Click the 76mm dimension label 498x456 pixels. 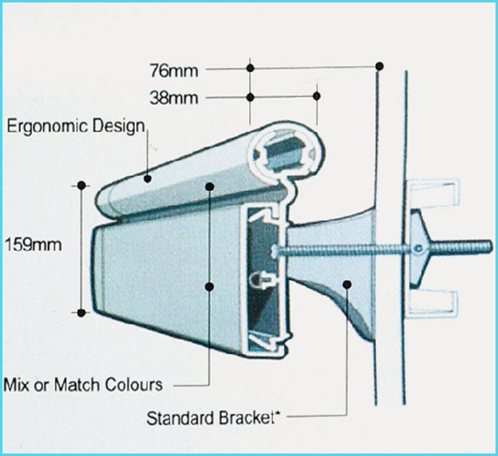point(174,71)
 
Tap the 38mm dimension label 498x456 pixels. point(174,98)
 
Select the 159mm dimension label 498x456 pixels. point(33,245)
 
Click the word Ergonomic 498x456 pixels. point(47,127)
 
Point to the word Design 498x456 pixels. point(119,126)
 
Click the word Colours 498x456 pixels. point(134,385)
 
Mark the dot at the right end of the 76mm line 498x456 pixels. point(379,66)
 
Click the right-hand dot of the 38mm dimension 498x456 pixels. point(316,96)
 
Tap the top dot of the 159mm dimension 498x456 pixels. point(81,185)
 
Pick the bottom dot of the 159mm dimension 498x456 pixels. point(81,313)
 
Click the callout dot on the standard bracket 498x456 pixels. point(347,284)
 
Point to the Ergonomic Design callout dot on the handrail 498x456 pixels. point(148,179)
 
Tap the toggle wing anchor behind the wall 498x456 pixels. point(420,248)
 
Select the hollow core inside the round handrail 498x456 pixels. point(284,154)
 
